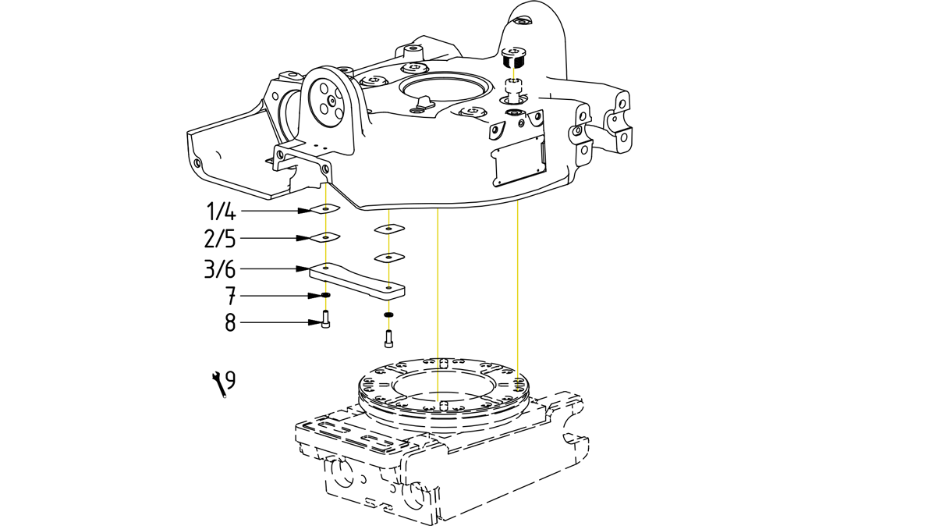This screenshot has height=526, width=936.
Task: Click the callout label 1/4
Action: [221, 211]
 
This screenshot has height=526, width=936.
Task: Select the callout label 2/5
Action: [221, 237]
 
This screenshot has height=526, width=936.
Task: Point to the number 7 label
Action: [230, 296]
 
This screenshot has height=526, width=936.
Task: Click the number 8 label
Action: [230, 322]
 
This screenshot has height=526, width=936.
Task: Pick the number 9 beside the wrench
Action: [230, 380]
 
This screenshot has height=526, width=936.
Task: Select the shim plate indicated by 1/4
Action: [324, 209]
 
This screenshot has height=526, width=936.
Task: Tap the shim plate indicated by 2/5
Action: [324, 236]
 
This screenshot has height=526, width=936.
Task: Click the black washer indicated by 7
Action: [325, 296]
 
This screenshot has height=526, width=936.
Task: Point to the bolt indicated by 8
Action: [325, 319]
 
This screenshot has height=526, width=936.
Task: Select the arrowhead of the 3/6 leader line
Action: [305, 268]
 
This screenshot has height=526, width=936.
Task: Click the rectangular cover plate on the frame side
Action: [516, 160]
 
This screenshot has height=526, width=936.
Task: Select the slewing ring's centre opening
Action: [441, 385]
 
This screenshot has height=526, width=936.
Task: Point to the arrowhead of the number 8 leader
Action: [315, 322]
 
